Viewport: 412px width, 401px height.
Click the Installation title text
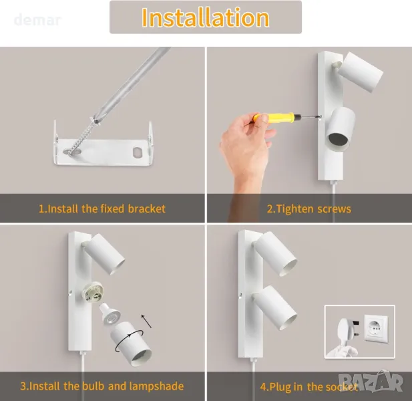pyautogui.click(x=205, y=17)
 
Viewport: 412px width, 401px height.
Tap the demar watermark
pyautogui.click(x=37, y=20)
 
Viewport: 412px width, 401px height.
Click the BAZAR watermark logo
pyautogui.click(x=371, y=380)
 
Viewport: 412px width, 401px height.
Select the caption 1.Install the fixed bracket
pyautogui.click(x=102, y=209)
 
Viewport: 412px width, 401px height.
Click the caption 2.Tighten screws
pyautogui.click(x=309, y=209)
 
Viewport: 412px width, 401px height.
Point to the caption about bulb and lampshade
pyautogui.click(x=102, y=386)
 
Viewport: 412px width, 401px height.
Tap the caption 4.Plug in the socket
pyautogui.click(x=309, y=387)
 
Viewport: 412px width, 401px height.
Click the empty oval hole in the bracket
pyautogui.click(x=138, y=152)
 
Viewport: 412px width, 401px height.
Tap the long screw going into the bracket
pyautogui.click(x=81, y=137)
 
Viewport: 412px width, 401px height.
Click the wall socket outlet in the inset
pyautogui.click(x=376, y=329)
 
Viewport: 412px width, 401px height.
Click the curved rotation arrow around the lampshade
pyautogui.click(x=130, y=341)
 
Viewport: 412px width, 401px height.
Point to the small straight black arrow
pyautogui.click(x=146, y=321)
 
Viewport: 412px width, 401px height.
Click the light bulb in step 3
pyautogui.click(x=110, y=313)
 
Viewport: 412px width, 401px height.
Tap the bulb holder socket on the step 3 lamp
pyautogui.click(x=93, y=293)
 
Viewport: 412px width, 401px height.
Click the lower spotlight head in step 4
pyautogui.click(x=274, y=307)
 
